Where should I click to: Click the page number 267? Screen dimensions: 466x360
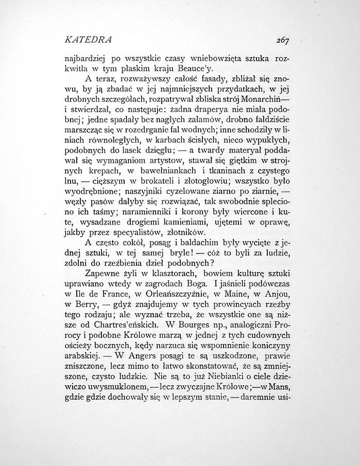282,40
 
